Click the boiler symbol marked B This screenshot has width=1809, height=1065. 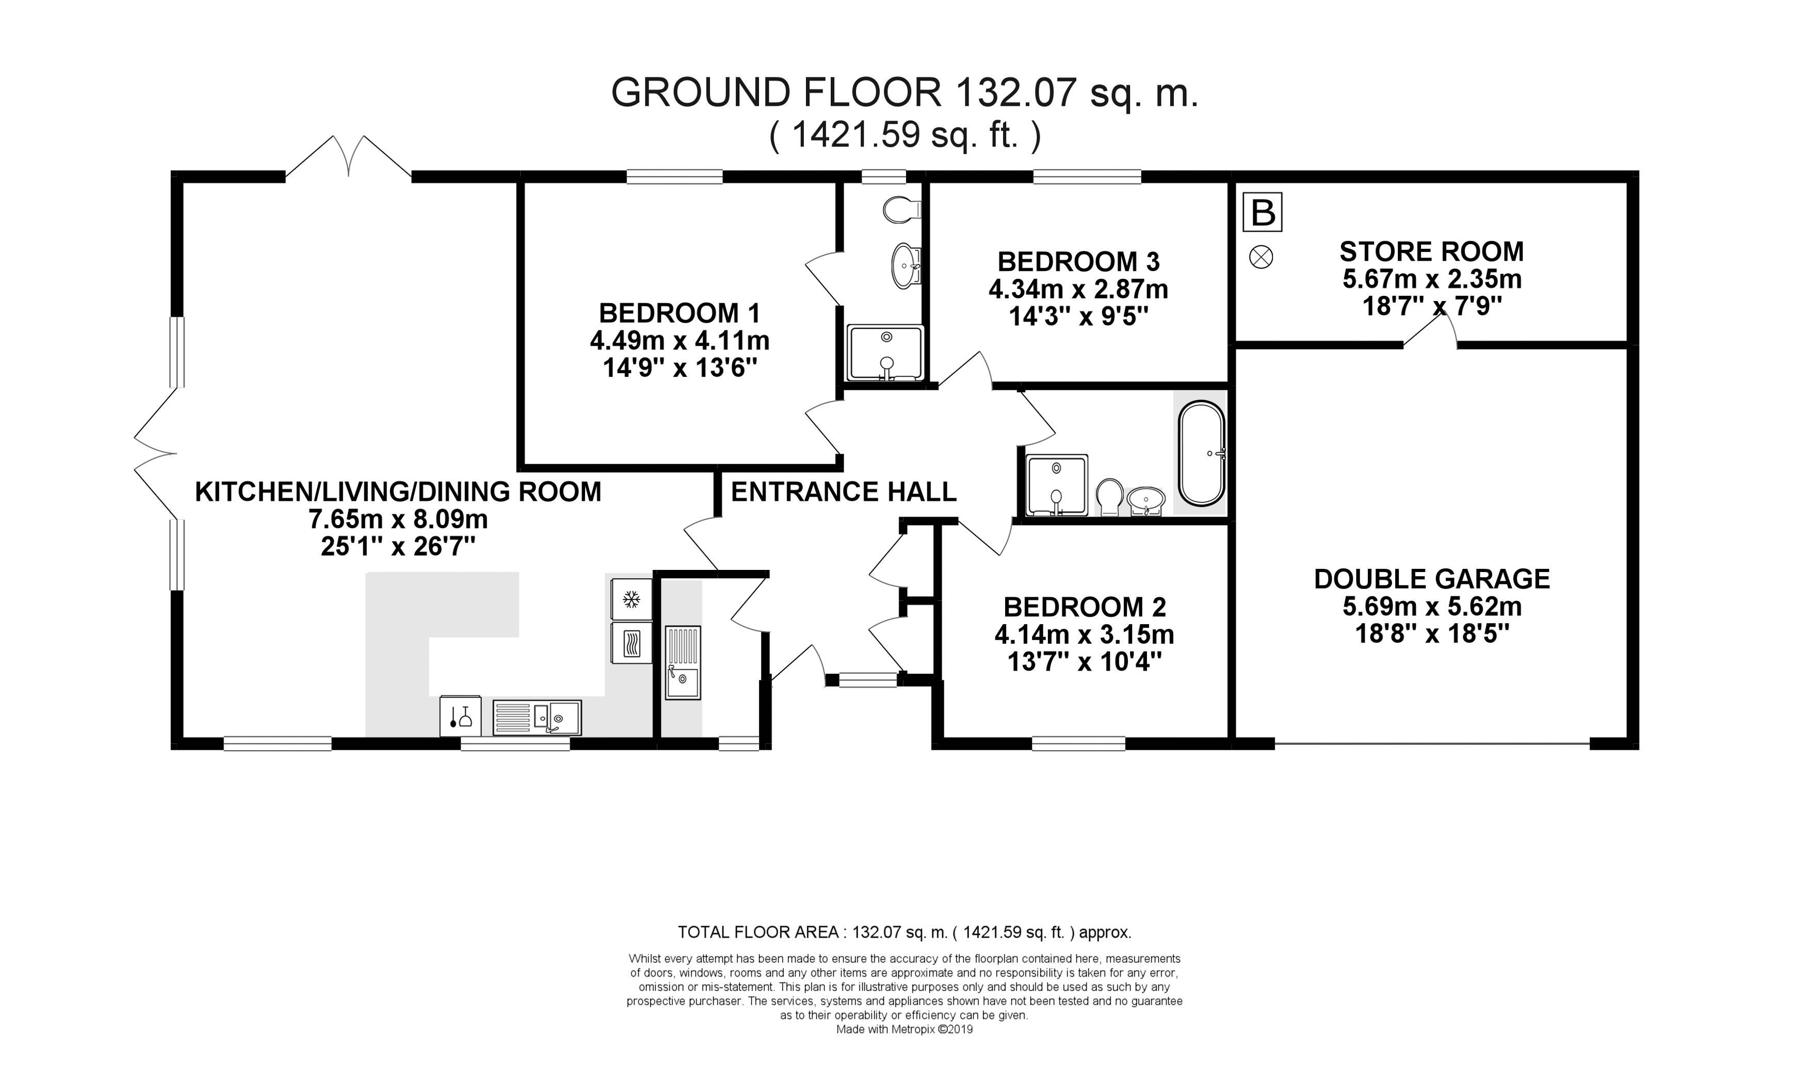(1263, 213)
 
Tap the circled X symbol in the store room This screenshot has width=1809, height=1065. (1261, 257)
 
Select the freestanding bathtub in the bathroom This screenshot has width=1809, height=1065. (1202, 452)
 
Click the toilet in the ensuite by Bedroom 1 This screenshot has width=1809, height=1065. (901, 210)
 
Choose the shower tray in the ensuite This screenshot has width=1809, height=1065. (886, 353)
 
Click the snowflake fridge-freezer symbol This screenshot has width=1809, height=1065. (631, 599)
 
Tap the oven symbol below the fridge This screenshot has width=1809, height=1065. (631, 643)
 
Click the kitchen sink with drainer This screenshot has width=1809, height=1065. (537, 718)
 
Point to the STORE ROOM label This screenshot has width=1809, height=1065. (1431, 252)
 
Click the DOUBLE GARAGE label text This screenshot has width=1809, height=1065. (1431, 579)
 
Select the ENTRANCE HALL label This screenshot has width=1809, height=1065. (844, 492)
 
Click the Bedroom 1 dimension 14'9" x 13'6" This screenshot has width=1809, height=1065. (680, 369)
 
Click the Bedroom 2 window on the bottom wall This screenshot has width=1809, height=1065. (1078, 744)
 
